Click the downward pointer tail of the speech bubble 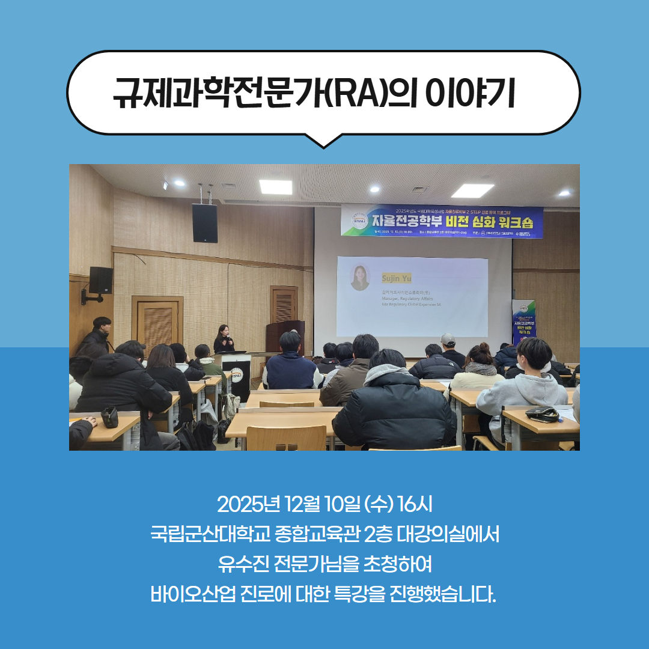click(x=324, y=140)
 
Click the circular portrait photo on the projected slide click(x=361, y=278)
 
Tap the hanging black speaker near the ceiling click(x=205, y=223)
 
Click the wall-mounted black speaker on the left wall click(x=100, y=281)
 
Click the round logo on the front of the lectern click(x=237, y=373)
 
